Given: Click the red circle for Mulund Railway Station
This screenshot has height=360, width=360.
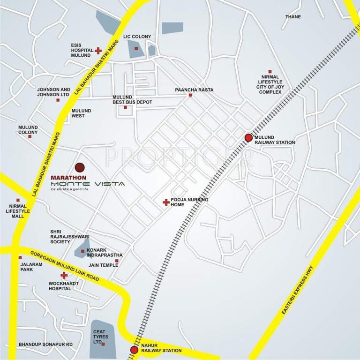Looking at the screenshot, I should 248,137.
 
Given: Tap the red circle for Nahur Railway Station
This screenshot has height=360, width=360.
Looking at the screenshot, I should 134,350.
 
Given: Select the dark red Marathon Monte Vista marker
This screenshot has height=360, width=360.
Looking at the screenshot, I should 80,167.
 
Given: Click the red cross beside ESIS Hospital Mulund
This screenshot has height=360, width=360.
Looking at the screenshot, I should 98,50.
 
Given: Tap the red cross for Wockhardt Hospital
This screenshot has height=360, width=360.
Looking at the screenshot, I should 64,275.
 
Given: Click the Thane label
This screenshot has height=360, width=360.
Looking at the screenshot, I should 293,17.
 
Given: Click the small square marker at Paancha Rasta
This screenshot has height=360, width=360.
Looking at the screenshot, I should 190,95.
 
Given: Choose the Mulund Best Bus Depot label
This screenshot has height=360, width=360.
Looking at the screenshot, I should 132,99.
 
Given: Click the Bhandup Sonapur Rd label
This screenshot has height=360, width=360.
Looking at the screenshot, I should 45,345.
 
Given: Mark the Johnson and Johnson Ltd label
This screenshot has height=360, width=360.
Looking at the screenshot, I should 53,92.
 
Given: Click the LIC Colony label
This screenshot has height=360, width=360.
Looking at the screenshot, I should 136,37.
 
